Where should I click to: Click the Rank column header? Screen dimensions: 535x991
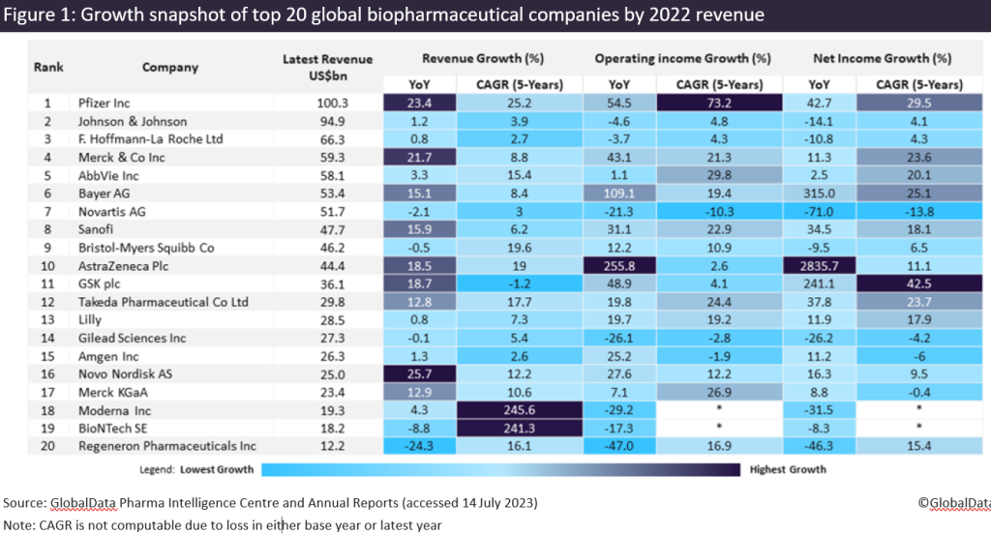(47, 68)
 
